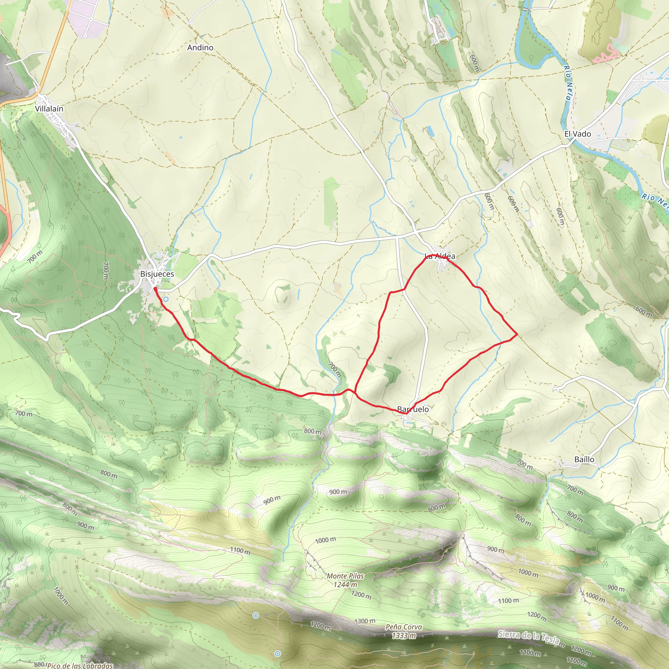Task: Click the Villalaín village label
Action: [49, 109]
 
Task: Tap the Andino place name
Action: [200, 47]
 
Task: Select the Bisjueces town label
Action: [157, 274]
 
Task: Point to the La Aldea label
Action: [440, 256]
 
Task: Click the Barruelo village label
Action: [413, 409]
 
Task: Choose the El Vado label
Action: [578, 134]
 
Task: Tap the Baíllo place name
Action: [584, 460]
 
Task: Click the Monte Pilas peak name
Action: [345, 576]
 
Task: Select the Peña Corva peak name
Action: [404, 627]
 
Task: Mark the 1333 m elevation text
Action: [404, 636]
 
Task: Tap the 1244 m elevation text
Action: [345, 585]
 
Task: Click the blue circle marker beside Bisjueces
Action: [166, 299]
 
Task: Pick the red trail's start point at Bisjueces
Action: [155, 288]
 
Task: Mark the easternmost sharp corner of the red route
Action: [517, 334]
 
